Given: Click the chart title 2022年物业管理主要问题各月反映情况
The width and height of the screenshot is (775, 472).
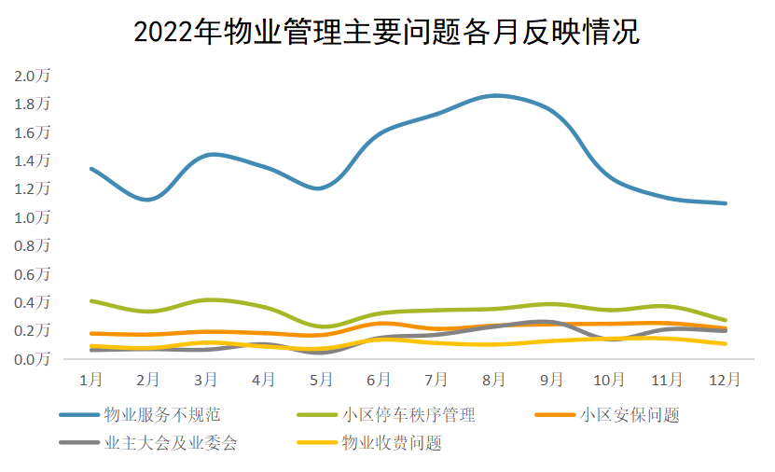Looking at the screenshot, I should click(386, 33).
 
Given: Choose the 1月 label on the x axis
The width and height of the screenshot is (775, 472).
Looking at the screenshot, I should click(90, 380).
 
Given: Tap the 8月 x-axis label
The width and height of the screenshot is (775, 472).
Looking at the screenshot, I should click(494, 380).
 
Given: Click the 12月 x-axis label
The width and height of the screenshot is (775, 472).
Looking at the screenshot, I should click(725, 380).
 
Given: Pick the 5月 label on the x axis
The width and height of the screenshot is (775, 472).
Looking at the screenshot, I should click(321, 380).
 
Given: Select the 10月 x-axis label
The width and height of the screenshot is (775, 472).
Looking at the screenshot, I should click(609, 380).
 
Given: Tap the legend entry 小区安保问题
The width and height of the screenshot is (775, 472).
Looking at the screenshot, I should click(629, 414).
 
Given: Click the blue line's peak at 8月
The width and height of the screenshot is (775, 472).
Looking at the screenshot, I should click(495, 95).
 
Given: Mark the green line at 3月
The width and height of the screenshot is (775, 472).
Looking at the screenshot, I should click(207, 299).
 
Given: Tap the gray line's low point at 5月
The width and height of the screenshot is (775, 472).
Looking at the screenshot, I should click(321, 353).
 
